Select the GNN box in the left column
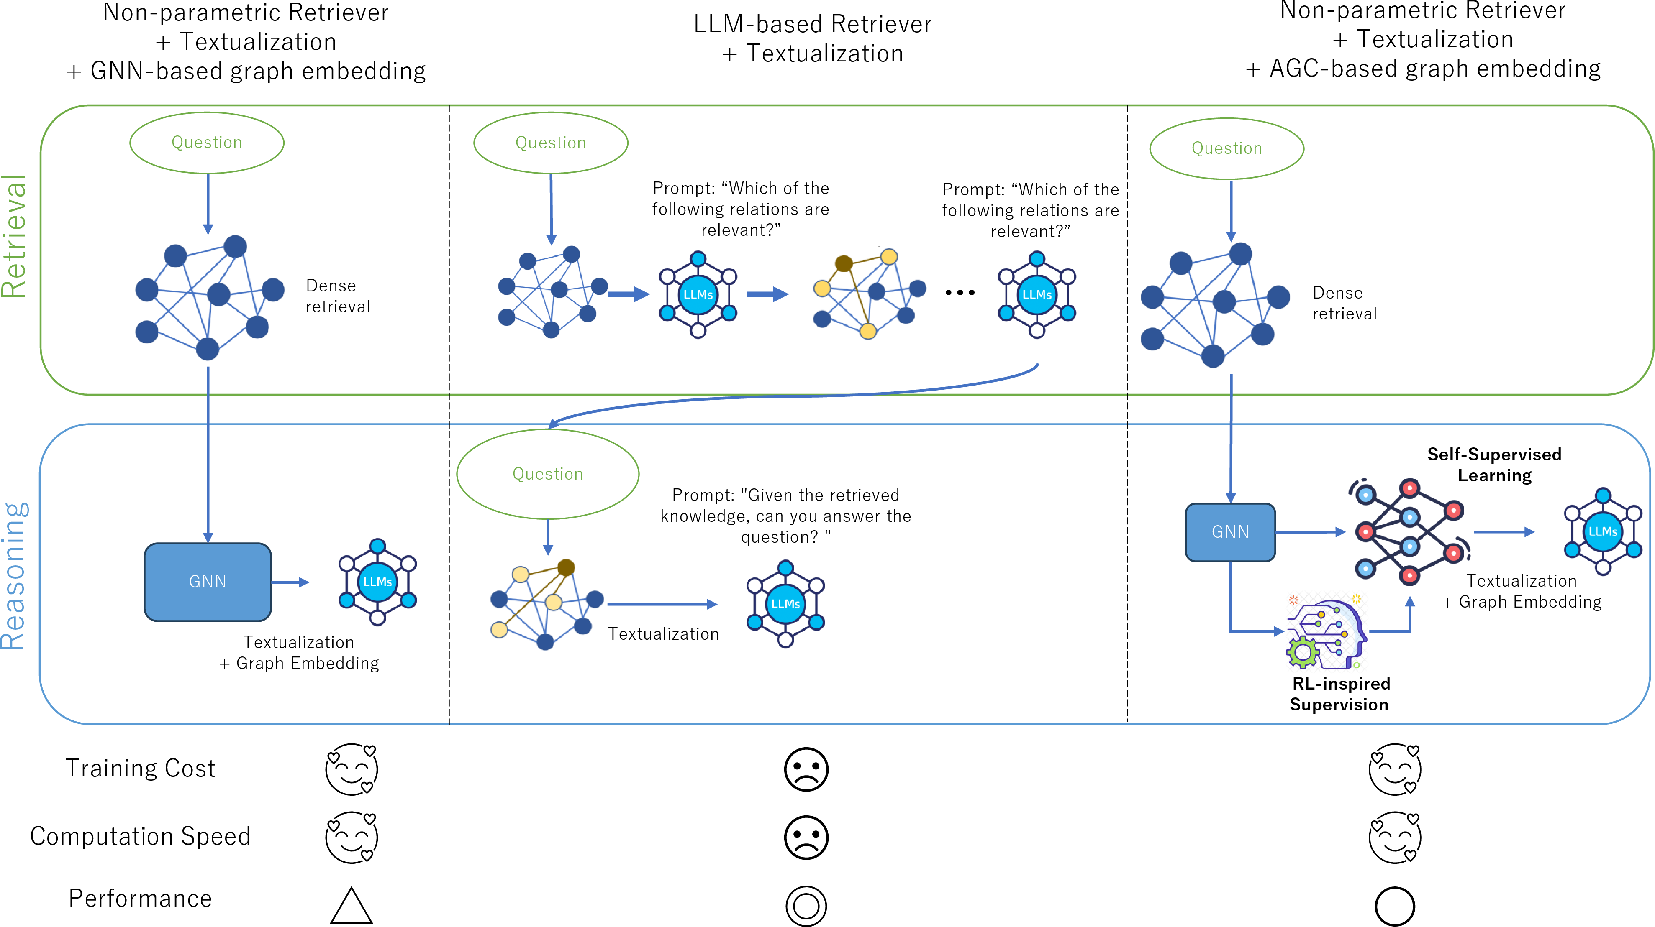point(208,582)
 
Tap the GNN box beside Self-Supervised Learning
point(1230,532)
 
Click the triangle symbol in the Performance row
point(352,906)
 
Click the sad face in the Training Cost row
point(806,769)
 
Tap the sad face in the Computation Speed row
point(806,837)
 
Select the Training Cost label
point(141,769)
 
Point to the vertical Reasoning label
point(14,576)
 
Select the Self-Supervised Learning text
point(1494,465)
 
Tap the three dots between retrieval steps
point(960,293)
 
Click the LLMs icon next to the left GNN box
point(378,582)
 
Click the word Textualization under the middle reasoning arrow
point(664,634)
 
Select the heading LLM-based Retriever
point(813,24)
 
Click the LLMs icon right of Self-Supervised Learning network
point(1603,531)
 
